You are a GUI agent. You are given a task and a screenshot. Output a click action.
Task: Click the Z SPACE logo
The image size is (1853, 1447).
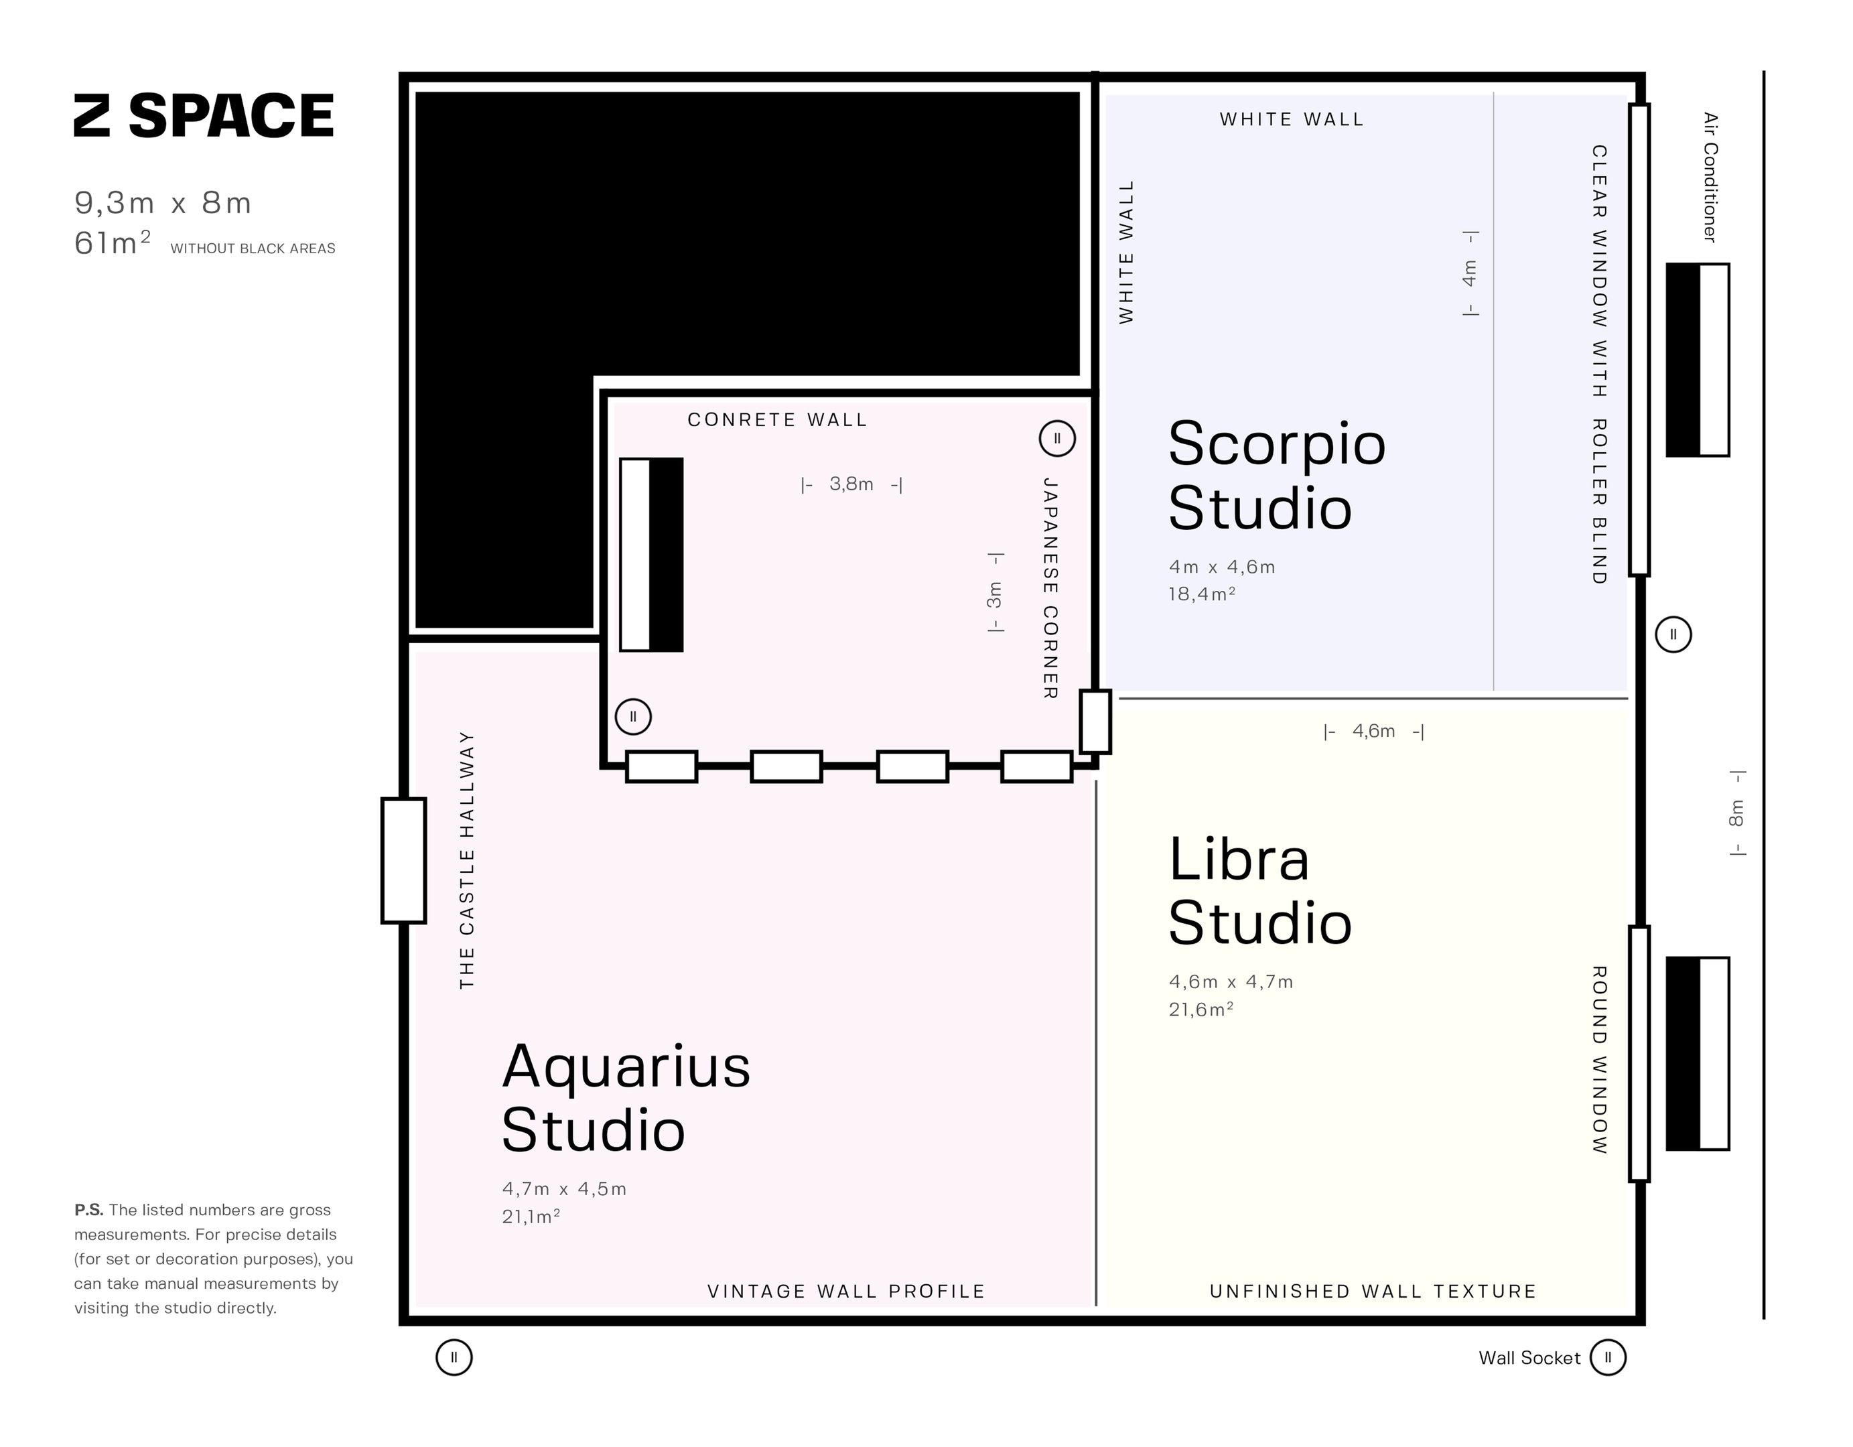[x=204, y=115]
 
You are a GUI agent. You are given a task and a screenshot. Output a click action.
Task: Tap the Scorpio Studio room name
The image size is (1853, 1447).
[x=1276, y=476]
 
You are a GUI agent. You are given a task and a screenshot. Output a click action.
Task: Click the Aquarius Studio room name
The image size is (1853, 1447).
[x=626, y=1099]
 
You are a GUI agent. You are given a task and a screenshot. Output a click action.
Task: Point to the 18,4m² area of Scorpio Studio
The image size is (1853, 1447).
[x=1201, y=594]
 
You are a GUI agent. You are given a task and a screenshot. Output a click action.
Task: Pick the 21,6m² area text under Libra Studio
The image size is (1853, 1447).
[x=1200, y=1010]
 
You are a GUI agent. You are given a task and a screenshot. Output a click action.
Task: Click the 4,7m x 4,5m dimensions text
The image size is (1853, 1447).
[x=564, y=1189]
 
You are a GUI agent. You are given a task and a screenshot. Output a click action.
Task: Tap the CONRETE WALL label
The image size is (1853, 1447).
[x=777, y=420]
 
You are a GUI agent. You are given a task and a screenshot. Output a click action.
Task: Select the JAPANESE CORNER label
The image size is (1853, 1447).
[x=1050, y=588]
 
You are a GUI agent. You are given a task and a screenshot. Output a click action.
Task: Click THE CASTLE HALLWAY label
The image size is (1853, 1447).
[x=467, y=860]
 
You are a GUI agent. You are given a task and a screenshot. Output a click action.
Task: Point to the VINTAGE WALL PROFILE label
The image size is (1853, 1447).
[x=846, y=1291]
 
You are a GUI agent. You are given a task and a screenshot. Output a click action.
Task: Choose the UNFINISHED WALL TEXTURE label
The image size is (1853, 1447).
[x=1373, y=1291]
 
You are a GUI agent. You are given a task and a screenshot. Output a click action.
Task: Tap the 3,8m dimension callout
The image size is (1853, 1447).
[x=851, y=484]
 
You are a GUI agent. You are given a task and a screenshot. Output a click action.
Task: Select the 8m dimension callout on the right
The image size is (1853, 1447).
[x=1736, y=813]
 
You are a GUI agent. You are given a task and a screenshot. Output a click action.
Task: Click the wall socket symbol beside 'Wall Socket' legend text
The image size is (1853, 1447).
[x=1608, y=1357]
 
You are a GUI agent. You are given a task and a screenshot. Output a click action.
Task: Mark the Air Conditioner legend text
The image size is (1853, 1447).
[x=1710, y=178]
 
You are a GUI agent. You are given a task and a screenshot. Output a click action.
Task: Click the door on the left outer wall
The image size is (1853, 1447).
[x=403, y=860]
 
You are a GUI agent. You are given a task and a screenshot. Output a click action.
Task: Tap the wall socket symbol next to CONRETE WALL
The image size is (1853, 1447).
[x=1057, y=439]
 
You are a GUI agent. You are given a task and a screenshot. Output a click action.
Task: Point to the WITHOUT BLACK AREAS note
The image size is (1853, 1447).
[x=253, y=249]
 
